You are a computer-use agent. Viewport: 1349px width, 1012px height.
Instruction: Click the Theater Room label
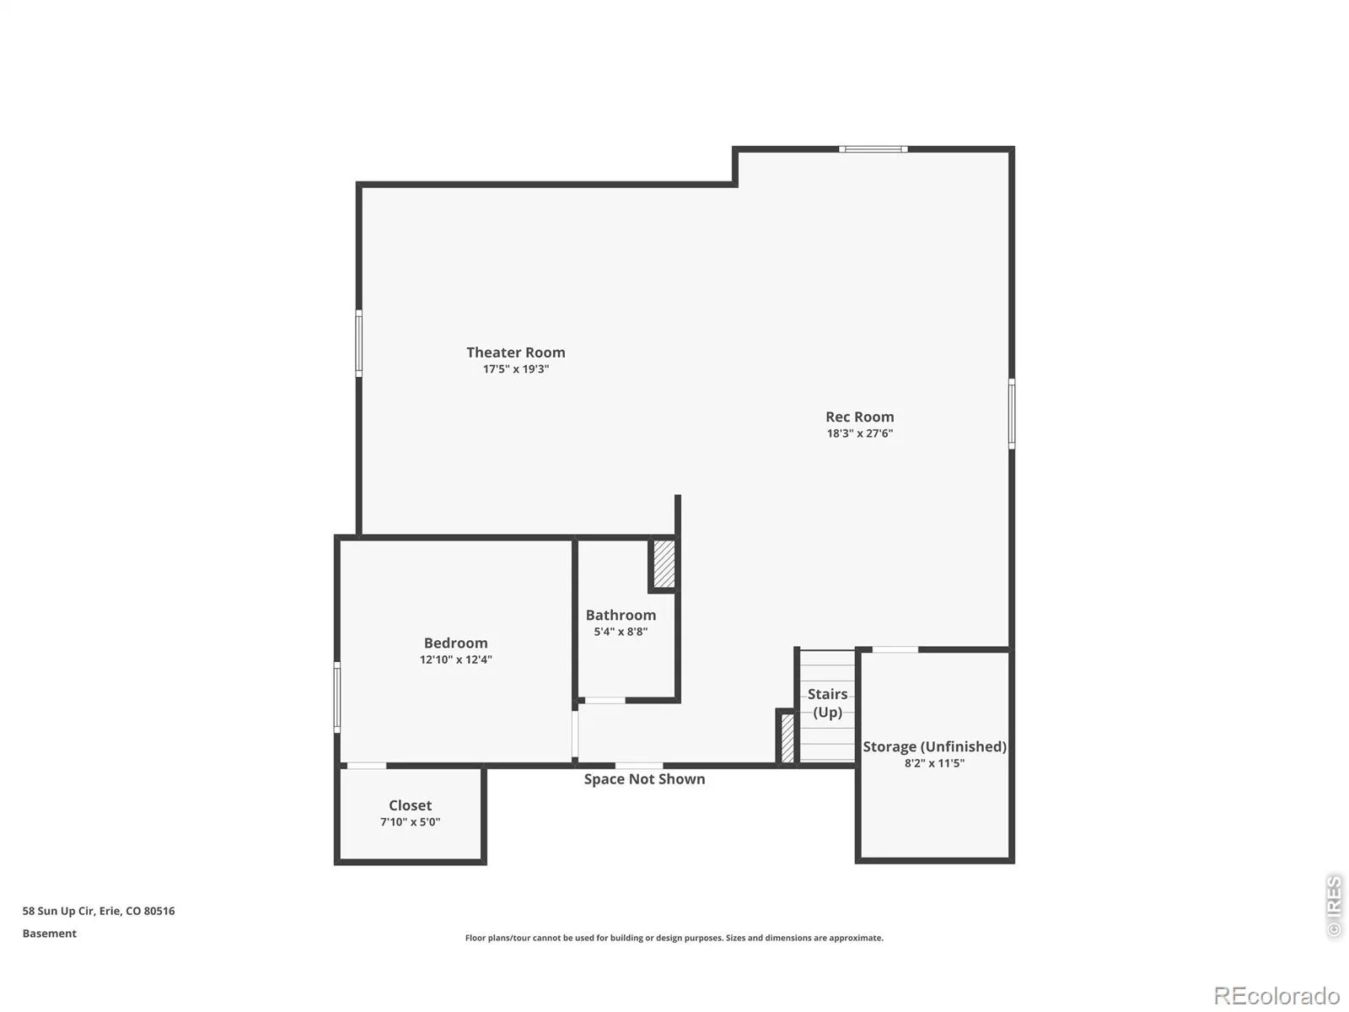[x=515, y=352]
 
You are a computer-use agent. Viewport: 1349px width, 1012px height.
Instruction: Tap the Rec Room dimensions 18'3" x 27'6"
[x=859, y=433]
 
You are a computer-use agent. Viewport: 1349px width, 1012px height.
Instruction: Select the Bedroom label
[x=455, y=643]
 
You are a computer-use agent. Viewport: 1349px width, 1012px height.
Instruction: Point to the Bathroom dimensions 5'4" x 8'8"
[x=620, y=632]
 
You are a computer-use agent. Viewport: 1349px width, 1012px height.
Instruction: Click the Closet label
[x=410, y=805]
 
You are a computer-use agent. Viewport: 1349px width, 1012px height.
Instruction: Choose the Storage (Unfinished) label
[x=934, y=746]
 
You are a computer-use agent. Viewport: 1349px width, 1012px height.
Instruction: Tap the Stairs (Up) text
[x=827, y=703]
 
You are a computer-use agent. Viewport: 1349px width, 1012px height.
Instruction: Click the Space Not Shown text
[x=644, y=779]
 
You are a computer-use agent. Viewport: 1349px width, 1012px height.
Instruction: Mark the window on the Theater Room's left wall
[x=359, y=343]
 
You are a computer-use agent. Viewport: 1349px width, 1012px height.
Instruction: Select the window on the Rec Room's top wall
[x=873, y=148]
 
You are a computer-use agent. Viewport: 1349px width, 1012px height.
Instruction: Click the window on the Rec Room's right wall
[x=1011, y=413]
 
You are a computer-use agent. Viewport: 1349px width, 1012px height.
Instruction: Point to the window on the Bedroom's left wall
[x=336, y=697]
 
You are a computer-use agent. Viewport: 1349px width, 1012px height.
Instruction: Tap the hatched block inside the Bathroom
[x=664, y=563]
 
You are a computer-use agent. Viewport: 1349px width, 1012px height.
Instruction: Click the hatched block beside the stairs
[x=787, y=737]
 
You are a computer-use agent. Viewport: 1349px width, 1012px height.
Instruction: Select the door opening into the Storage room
[x=895, y=649]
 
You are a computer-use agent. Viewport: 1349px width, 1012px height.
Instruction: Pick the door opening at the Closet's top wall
[x=366, y=766]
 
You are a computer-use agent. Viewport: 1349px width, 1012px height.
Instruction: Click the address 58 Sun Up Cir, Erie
[x=99, y=911]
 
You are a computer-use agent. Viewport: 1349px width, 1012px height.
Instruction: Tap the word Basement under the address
[x=49, y=934]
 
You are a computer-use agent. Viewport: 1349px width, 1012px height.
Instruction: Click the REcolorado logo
[x=1277, y=995]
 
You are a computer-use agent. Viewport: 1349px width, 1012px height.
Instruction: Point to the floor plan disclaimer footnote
[x=674, y=938]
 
